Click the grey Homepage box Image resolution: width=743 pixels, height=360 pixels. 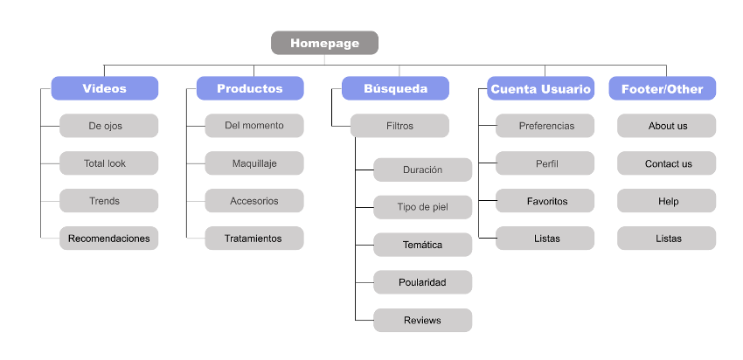coord(324,43)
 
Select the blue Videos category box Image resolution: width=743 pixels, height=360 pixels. coord(105,88)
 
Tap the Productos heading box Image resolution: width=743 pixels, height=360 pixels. coord(250,88)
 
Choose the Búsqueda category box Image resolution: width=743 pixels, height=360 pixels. coord(395,88)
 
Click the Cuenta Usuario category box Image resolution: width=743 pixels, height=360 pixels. coord(541,88)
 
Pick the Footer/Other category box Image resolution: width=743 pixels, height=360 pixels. coord(667,88)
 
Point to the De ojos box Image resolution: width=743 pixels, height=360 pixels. coord(108,126)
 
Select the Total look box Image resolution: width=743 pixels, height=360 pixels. coord(108,163)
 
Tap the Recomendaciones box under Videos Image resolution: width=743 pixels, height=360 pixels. coord(108,239)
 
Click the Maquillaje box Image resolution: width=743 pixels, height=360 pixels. coord(254,163)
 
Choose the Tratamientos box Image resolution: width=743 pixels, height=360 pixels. coord(254,239)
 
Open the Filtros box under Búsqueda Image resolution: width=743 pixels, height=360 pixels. coord(399,126)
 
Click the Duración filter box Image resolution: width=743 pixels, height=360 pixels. coord(422,170)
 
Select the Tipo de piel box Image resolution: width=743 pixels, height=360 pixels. coord(422,207)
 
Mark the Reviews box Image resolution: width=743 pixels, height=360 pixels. coord(422,320)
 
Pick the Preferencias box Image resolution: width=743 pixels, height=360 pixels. coord(545,126)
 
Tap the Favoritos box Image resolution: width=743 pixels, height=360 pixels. coord(545,201)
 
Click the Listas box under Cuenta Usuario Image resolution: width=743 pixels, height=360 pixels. coord(545,239)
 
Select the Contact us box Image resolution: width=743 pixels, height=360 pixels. coord(667,163)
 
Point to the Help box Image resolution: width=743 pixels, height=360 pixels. coord(667,201)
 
